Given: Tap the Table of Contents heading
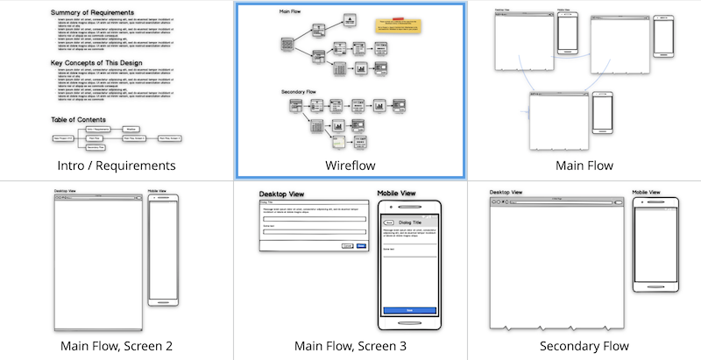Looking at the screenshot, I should coord(79,120).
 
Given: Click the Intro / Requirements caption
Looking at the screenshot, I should coord(117,165).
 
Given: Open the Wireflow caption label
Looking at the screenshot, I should coord(350,165).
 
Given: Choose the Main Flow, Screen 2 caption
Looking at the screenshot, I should coord(117,345).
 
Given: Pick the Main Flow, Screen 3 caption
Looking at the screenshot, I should coord(350,345).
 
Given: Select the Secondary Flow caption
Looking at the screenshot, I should coord(584,345).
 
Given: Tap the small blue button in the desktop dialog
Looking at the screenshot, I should coord(361,246).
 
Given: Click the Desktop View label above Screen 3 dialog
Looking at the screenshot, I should coord(281,194).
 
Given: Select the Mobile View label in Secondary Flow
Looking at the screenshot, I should coord(652,192).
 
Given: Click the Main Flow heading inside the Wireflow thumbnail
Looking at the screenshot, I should coord(290,11).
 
